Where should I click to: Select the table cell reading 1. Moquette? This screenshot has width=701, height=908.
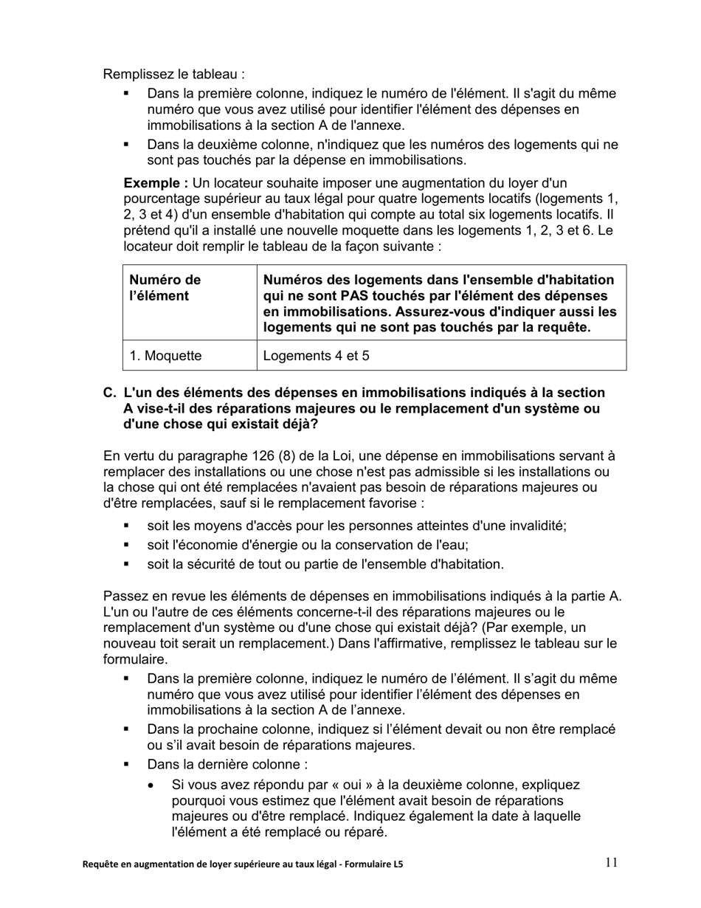pyautogui.click(x=165, y=356)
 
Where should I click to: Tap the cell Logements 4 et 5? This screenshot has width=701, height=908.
pyautogui.click(x=317, y=356)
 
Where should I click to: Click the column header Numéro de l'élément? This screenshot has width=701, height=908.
pyautogui.click(x=165, y=288)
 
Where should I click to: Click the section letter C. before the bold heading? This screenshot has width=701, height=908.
pyautogui.click(x=110, y=392)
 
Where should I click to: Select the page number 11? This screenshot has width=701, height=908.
pyautogui.click(x=612, y=862)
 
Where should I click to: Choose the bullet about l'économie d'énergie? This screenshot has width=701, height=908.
pyautogui.click(x=308, y=545)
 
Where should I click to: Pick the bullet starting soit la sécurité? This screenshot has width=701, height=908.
pyautogui.click(x=325, y=564)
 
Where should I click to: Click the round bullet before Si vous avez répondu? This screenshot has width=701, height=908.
pyautogui.click(x=153, y=785)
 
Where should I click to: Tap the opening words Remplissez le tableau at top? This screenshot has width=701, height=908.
pyautogui.click(x=173, y=74)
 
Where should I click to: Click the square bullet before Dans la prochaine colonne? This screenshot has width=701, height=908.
pyautogui.click(x=126, y=729)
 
